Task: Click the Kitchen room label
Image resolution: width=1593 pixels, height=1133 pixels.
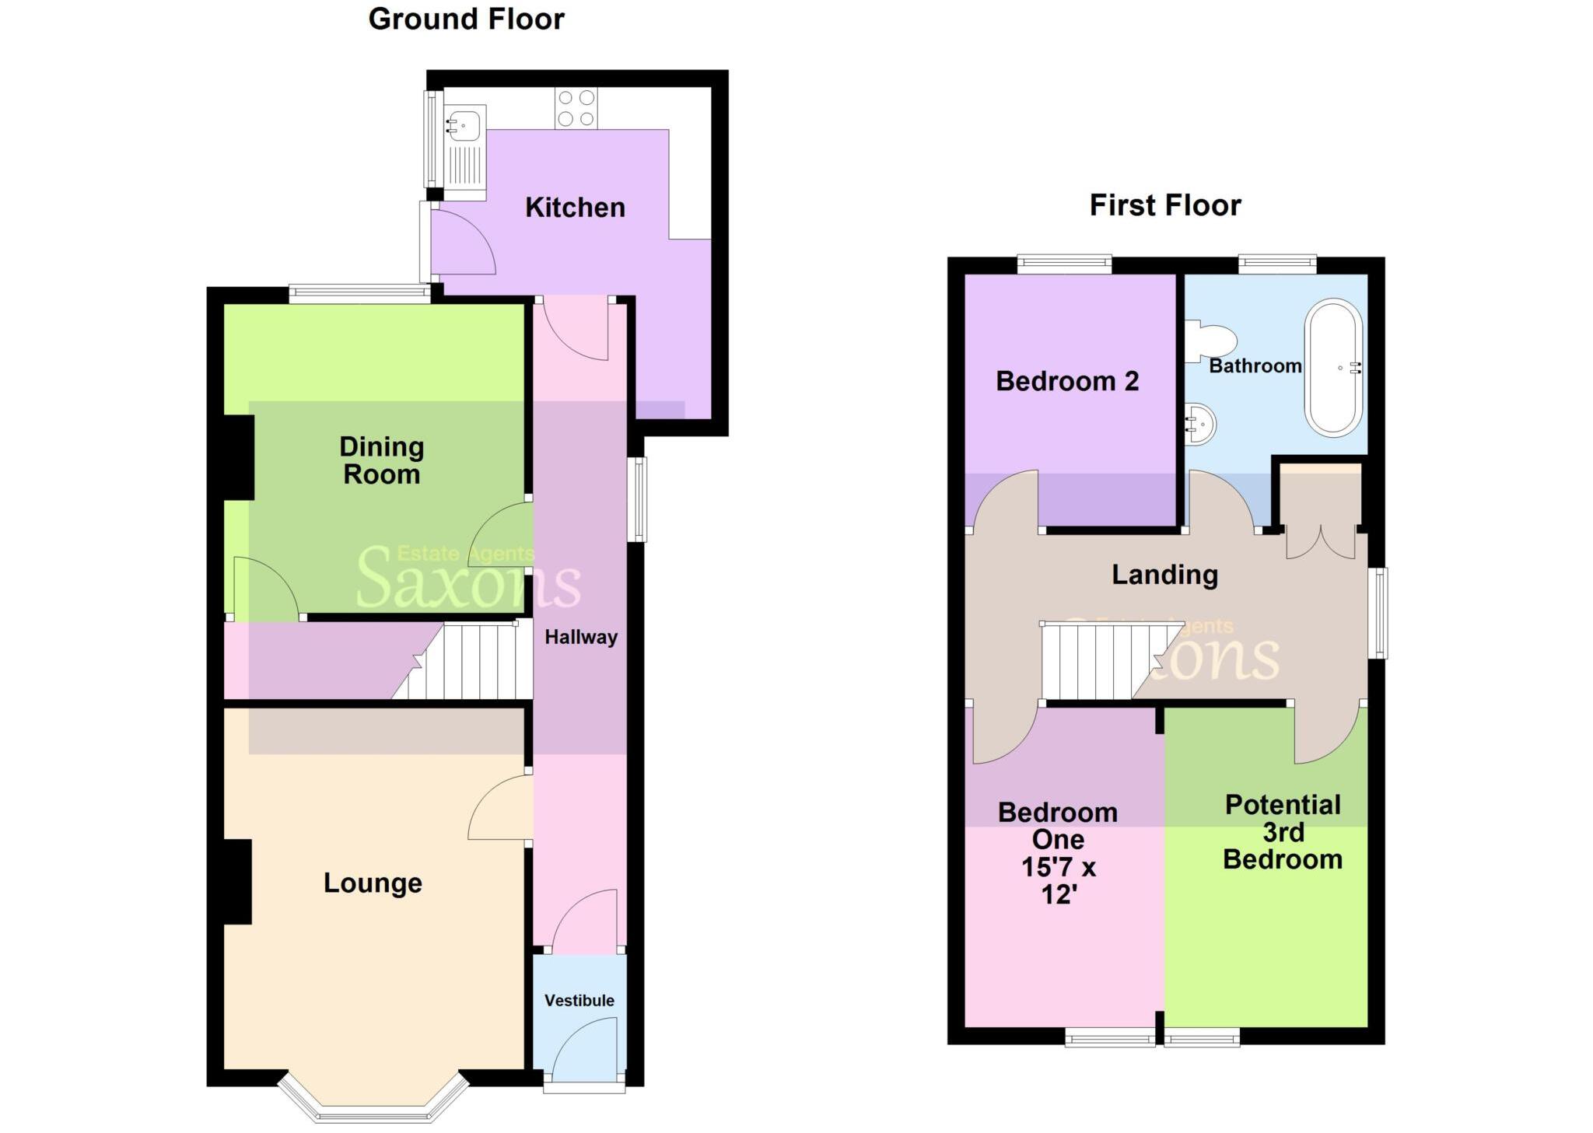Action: point(575,208)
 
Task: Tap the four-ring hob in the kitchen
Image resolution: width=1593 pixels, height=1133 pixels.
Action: point(576,108)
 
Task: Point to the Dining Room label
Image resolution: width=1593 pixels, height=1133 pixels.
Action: point(381,460)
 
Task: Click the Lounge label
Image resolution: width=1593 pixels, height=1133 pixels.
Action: point(373,883)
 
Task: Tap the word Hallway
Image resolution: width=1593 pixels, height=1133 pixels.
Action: point(580,637)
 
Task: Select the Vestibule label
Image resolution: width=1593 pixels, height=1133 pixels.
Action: point(579,1000)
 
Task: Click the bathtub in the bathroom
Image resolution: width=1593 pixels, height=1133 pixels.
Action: point(1333,367)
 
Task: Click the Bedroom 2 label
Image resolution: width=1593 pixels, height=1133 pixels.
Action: point(1067,381)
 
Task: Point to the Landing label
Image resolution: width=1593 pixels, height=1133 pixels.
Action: point(1164,575)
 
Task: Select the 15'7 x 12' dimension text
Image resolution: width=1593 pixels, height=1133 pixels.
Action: point(1059,880)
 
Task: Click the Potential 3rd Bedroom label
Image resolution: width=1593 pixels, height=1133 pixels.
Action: point(1283,832)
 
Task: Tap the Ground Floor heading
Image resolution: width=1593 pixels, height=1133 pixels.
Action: point(466,19)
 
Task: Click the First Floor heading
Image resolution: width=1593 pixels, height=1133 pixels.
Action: point(1164,205)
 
